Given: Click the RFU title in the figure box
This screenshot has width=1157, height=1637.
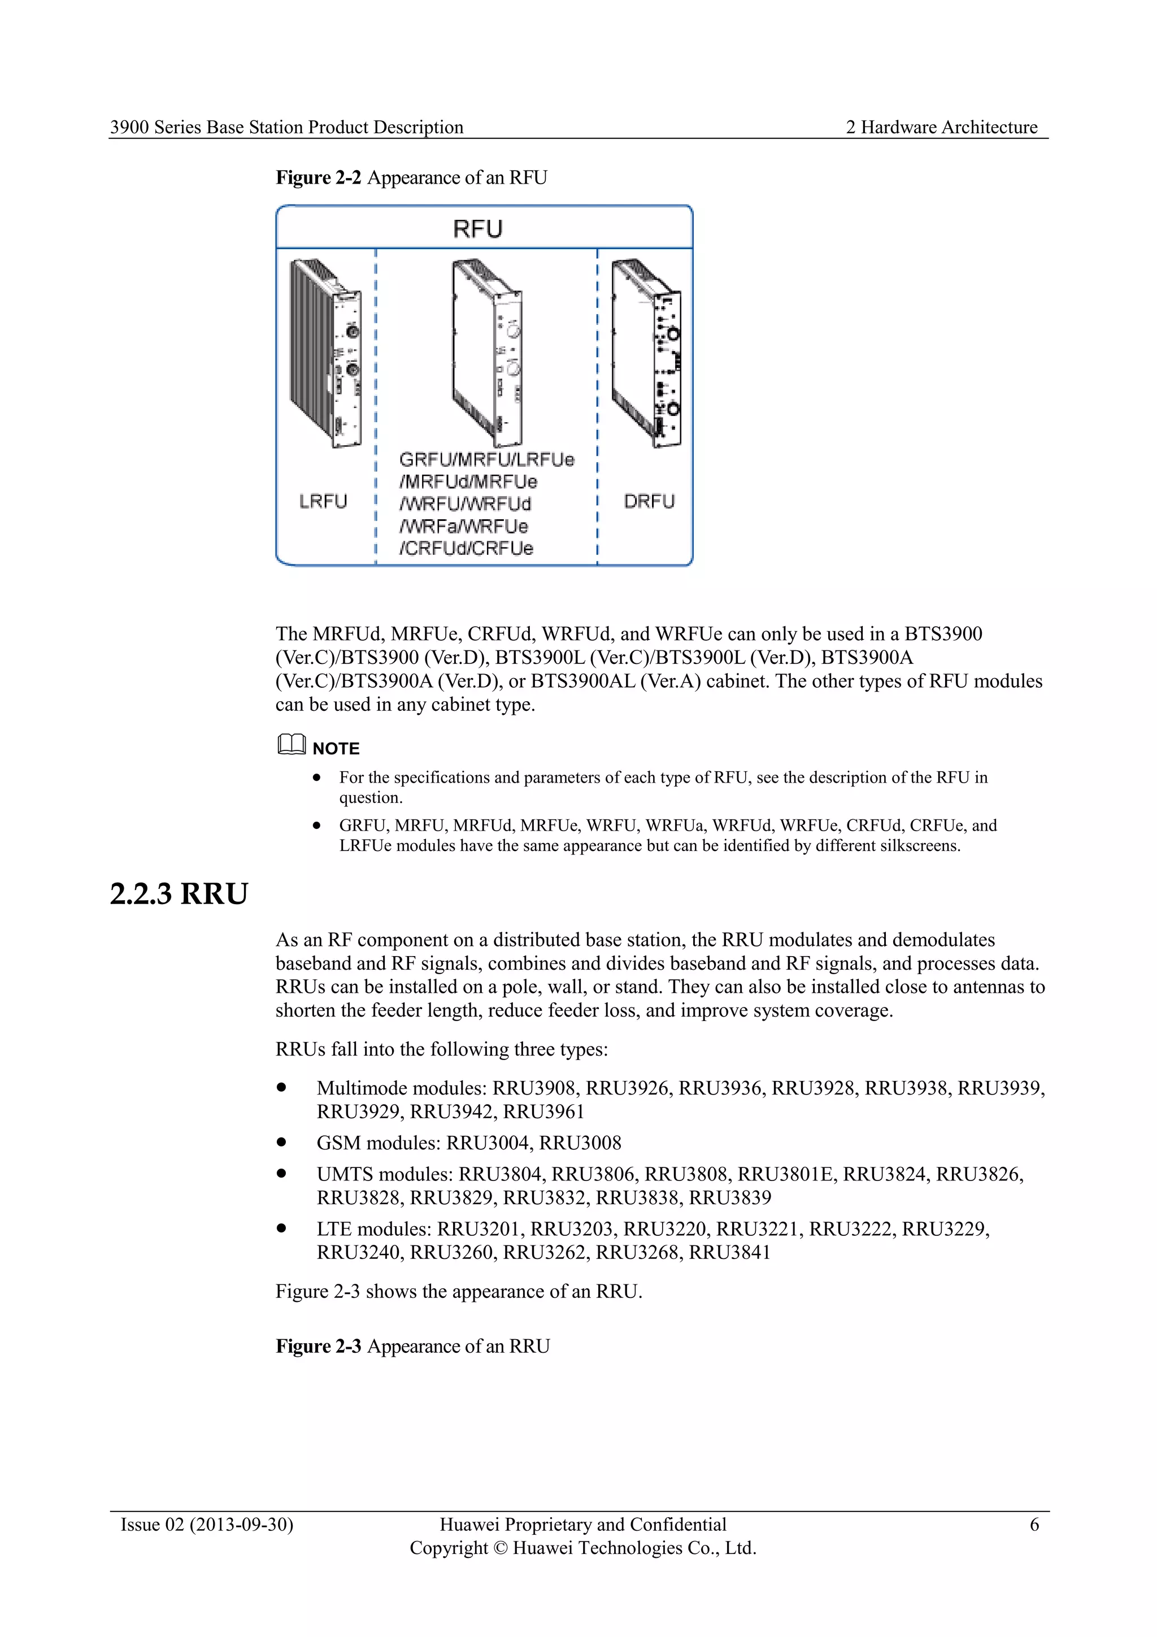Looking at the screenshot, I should pos(477,229).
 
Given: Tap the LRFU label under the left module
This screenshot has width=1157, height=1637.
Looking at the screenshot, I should pos(323,501).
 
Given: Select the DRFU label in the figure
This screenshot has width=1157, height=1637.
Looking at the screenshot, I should pos(649,501).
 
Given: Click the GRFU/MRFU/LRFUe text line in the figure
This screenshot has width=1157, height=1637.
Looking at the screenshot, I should pos(486,459).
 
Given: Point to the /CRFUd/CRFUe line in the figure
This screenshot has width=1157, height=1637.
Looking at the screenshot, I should pos(466,548).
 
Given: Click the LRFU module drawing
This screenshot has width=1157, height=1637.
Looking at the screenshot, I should pos(324,353).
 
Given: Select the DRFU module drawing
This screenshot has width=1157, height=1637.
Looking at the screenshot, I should pos(647,353).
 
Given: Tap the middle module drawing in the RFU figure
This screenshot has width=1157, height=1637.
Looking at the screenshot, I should pos(486,353).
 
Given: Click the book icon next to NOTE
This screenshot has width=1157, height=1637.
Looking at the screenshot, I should pos(291,745).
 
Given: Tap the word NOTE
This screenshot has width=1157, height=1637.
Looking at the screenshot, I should pos(336,749).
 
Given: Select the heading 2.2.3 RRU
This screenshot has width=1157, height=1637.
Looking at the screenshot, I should pos(179,893).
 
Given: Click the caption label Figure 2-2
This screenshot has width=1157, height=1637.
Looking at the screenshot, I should pos(319,177).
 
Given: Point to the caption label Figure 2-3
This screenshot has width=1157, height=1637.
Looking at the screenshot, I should pos(319,1346).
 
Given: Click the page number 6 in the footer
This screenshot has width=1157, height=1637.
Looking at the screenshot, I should pos(1034,1525).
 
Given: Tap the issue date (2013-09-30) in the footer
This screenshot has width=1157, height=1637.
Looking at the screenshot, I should pos(242,1525).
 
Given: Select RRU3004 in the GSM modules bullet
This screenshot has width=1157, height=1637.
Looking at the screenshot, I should pos(489,1143).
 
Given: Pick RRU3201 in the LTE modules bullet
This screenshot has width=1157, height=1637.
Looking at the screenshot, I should pos(480,1229).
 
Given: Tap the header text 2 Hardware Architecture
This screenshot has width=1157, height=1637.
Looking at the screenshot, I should pos(941,127).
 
